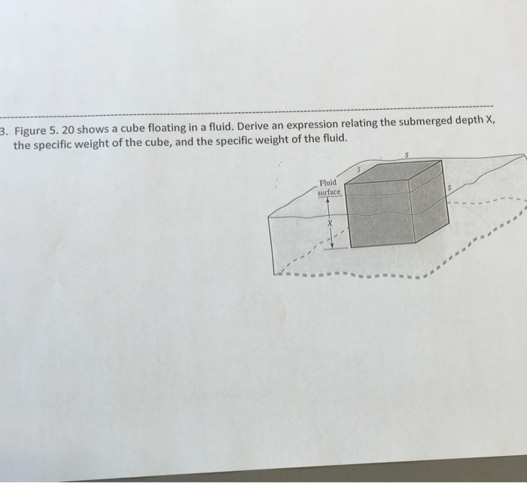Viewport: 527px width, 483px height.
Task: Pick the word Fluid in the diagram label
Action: click(328, 182)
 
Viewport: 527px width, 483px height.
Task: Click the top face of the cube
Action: click(391, 172)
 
